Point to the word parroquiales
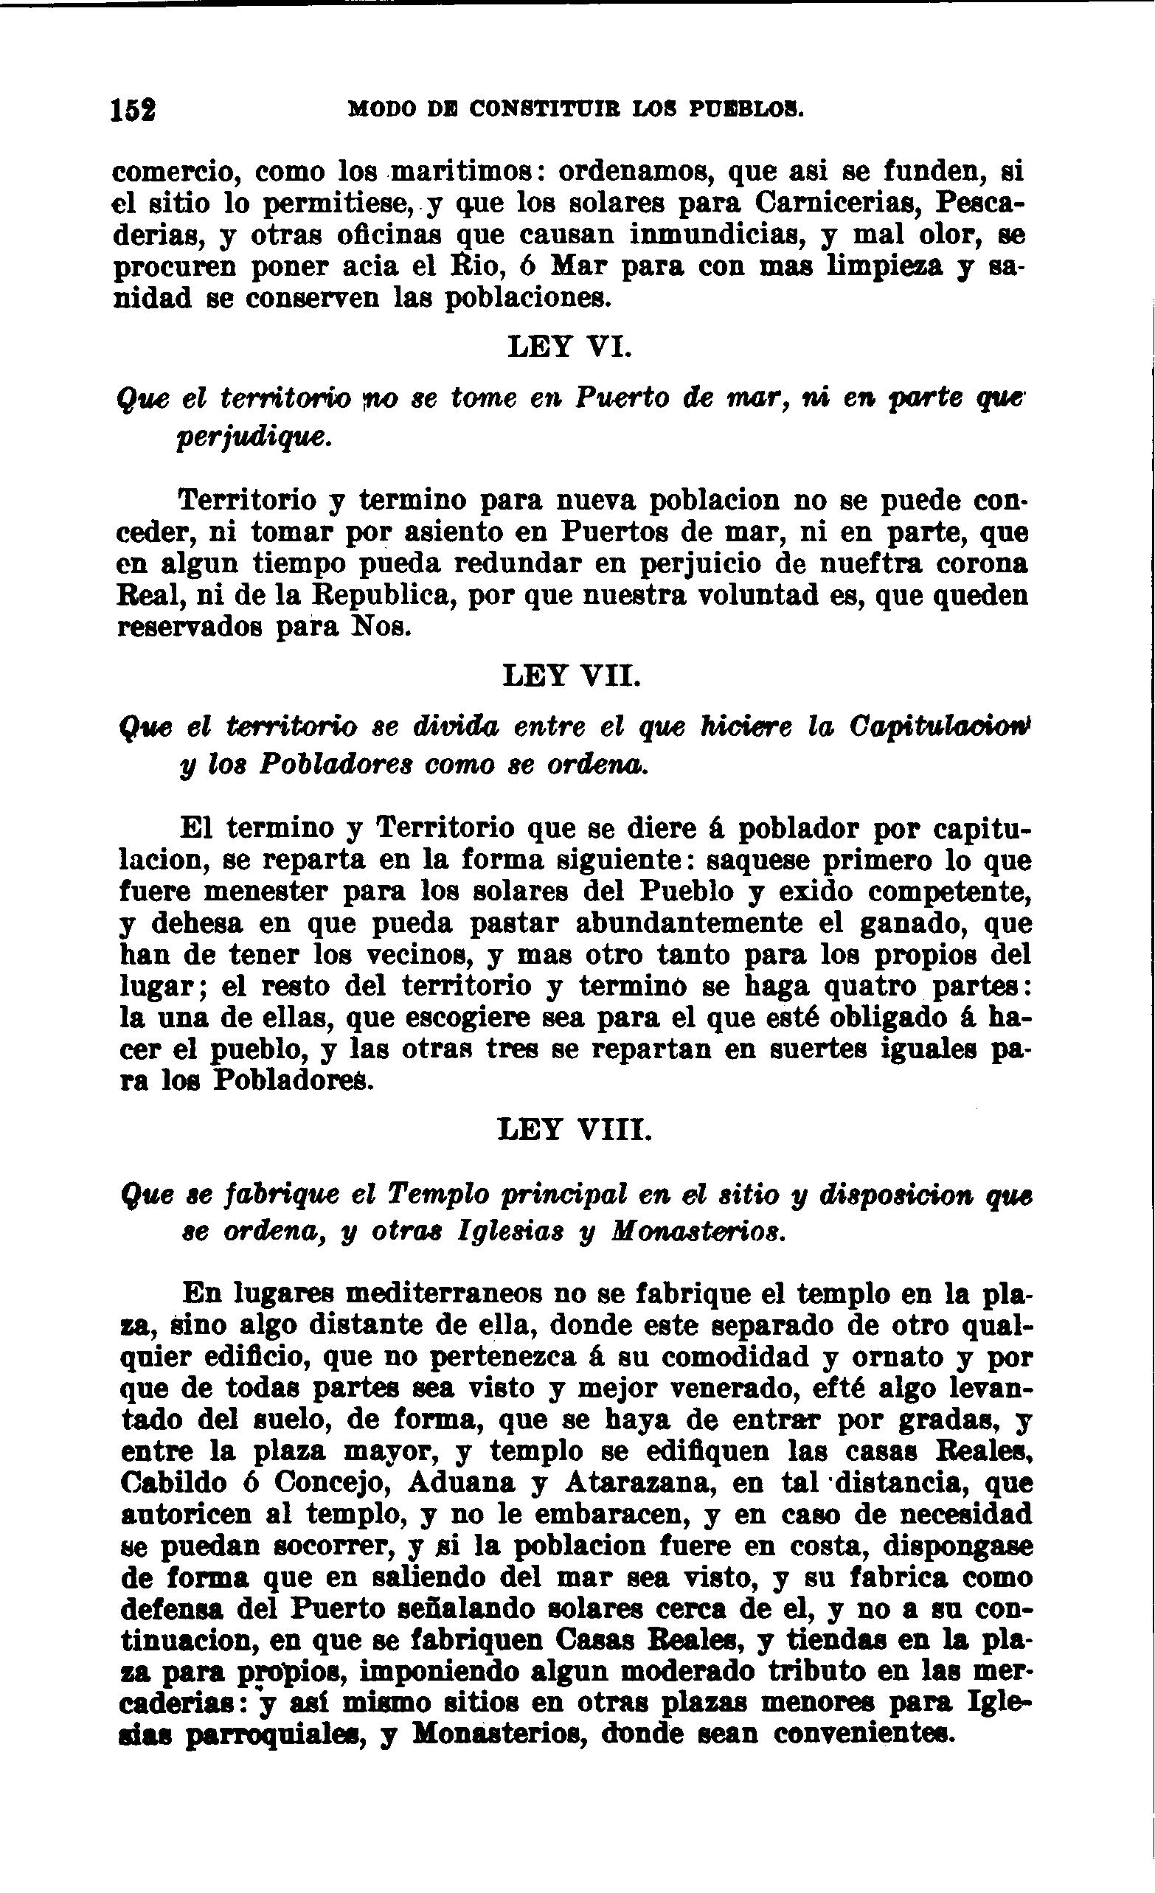coord(278,1734)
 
